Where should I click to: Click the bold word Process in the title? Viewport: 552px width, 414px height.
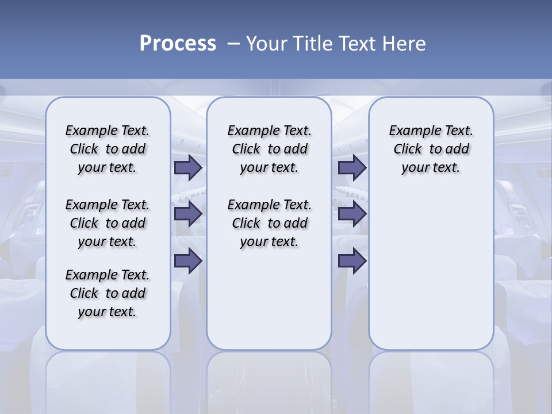178,43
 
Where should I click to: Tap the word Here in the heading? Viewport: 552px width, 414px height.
405,44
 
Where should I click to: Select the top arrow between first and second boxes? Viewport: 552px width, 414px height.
188,168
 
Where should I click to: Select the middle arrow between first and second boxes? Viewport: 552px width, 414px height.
188,214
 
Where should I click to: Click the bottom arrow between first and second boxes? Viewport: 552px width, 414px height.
188,261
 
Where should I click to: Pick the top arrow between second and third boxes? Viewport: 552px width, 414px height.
352,168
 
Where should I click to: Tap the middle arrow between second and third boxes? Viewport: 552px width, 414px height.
352,214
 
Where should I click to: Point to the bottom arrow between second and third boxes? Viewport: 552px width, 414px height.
352,261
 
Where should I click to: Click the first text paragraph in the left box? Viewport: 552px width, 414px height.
108,149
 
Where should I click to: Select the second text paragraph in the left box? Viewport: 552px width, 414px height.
108,223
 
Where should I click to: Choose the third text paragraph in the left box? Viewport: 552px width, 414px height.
108,293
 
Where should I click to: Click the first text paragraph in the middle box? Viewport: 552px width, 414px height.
269,149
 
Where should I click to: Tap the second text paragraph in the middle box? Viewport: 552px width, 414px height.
269,223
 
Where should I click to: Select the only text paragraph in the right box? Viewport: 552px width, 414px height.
431,149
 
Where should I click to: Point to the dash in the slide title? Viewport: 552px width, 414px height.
233,44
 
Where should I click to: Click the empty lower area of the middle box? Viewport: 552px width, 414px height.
269,299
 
